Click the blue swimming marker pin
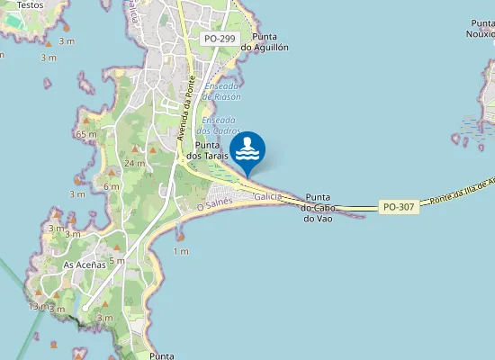[247, 150]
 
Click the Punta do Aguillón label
[258, 41]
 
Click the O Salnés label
[214, 206]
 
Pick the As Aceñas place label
[85, 265]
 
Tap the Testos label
[30, 4]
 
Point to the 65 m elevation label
[86, 134]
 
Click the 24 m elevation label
[134, 163]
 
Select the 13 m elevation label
[35, 307]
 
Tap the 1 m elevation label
[181, 251]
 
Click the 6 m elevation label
[112, 186]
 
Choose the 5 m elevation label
[117, 261]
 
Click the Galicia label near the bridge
[268, 196]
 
